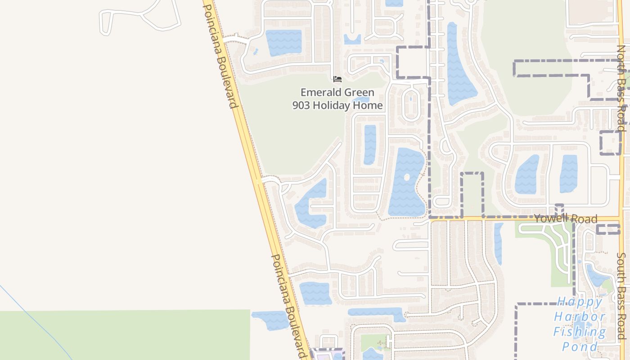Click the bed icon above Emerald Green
(x=337, y=80)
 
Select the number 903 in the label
(x=302, y=106)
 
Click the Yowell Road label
(x=566, y=219)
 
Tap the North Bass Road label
(x=621, y=88)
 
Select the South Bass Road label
(x=621, y=296)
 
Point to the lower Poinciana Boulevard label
(x=288, y=306)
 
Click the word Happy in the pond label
(x=580, y=301)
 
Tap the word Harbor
(x=580, y=316)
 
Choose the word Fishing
(x=580, y=332)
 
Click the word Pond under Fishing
(x=580, y=346)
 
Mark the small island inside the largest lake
(x=407, y=177)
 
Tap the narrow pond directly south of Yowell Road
(x=498, y=243)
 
